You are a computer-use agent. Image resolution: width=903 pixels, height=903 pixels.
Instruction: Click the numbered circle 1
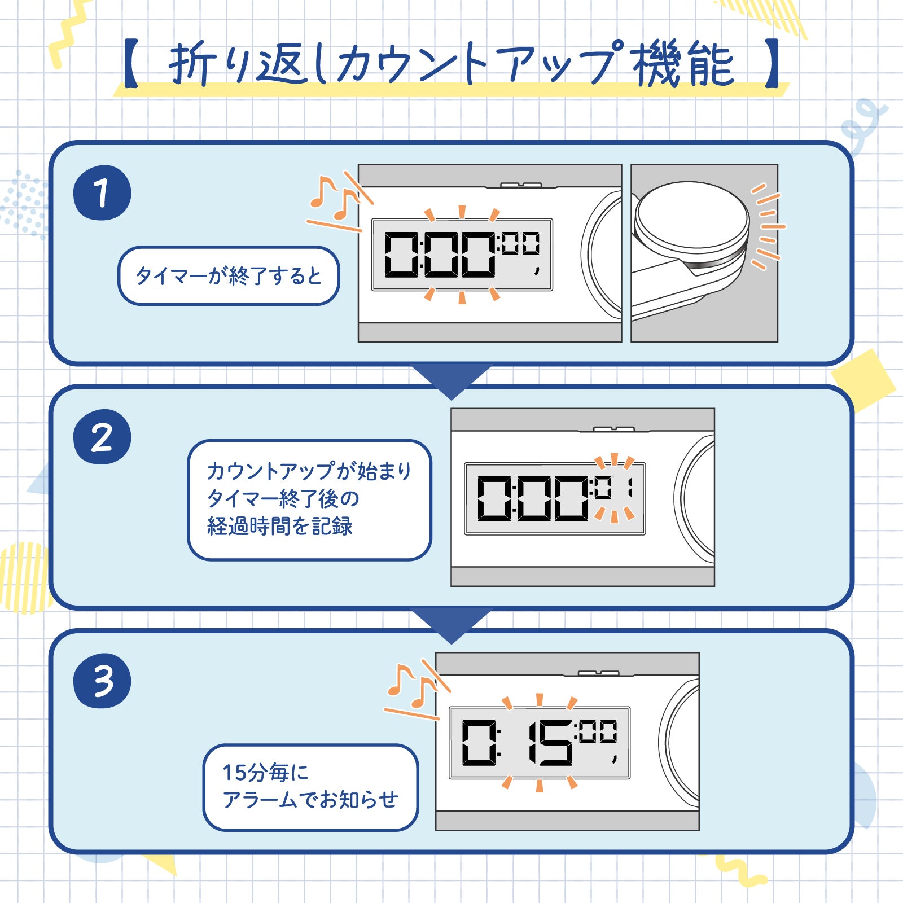[102, 192]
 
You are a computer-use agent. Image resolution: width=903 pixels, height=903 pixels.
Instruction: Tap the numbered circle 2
[102, 437]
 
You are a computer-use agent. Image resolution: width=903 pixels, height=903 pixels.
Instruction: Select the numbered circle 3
[102, 681]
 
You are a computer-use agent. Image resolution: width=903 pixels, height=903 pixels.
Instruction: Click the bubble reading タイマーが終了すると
[229, 276]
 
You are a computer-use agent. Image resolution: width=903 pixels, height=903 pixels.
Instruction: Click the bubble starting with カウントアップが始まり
[309, 500]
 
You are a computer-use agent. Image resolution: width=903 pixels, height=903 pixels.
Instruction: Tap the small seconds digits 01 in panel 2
[612, 488]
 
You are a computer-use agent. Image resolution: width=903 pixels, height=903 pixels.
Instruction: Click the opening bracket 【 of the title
[131, 63]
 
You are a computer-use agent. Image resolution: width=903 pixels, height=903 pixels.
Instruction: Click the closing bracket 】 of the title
[772, 63]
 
